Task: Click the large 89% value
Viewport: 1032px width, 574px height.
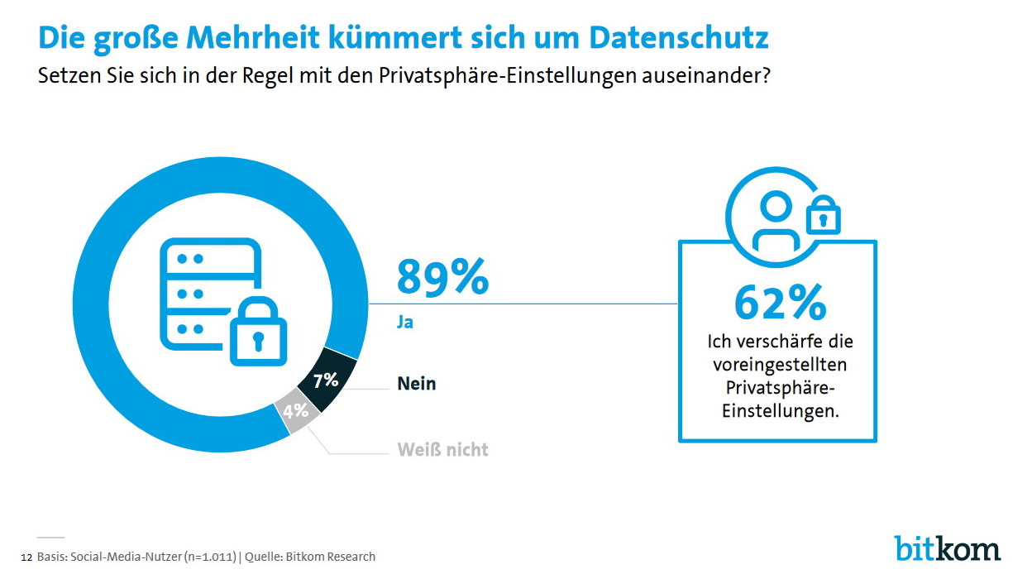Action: pos(442,276)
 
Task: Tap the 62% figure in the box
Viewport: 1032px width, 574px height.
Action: pos(780,303)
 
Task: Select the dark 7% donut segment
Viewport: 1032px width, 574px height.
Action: pos(327,382)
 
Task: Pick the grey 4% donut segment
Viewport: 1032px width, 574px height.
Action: pos(296,411)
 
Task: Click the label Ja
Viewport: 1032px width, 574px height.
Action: pos(404,323)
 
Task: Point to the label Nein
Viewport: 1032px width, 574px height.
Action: pos(416,384)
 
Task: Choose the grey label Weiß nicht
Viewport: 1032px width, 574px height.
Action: pos(442,450)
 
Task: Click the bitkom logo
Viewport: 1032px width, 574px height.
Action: pos(947,548)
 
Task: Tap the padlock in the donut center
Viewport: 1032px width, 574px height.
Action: pos(257,331)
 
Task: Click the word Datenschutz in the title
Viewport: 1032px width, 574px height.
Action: pos(678,37)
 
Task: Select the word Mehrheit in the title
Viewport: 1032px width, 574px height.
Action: pos(266,37)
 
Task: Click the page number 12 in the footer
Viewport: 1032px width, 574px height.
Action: pos(26,557)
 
